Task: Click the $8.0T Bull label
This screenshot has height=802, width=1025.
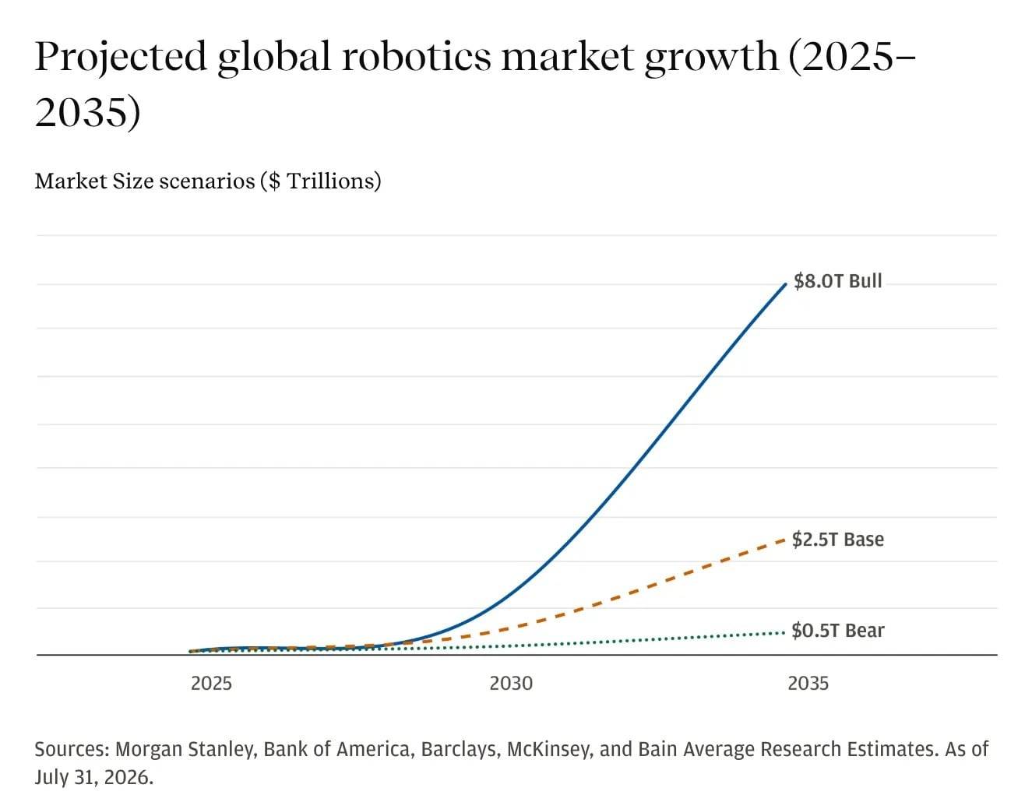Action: point(837,281)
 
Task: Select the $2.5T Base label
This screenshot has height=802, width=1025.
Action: point(838,539)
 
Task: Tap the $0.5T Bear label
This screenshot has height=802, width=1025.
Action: point(838,631)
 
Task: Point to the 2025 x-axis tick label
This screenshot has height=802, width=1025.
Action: point(211,683)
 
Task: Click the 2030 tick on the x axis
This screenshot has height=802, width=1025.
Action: point(511,683)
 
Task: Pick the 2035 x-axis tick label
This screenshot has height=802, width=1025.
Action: point(808,683)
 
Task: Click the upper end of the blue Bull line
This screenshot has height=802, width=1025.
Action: point(785,284)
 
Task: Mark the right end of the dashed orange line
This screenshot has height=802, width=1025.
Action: point(784,540)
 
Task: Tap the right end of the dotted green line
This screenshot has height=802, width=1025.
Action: point(784,632)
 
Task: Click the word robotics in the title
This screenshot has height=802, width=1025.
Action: point(417,57)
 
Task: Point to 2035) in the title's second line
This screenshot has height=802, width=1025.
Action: point(88,112)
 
